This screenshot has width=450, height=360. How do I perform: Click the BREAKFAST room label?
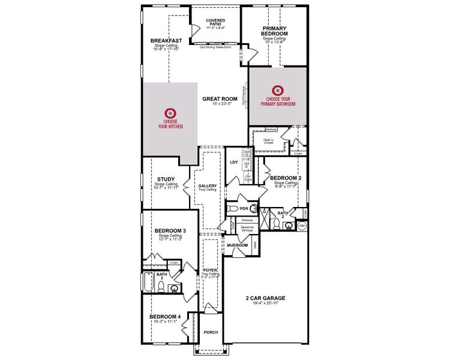point(162,41)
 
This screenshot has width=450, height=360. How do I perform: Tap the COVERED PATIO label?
point(215,23)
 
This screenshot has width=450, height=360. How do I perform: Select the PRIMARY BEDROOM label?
point(274,31)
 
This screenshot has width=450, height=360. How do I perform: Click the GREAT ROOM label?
point(220,99)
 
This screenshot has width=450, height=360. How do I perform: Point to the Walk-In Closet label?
point(268,142)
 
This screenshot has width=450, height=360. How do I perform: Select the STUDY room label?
point(166,179)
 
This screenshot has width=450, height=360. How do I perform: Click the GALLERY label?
point(208,186)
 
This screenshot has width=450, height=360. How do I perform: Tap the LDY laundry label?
point(234,162)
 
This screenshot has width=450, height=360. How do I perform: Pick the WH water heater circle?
point(302,226)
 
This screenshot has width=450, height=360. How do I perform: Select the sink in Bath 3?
point(175,289)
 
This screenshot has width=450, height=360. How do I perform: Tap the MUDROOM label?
point(238,245)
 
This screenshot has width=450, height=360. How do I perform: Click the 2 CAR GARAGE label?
point(265,298)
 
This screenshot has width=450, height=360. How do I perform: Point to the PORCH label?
point(210,332)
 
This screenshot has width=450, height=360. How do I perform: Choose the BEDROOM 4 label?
point(166,316)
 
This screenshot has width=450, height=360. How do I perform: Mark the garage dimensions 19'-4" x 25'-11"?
point(265,304)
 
